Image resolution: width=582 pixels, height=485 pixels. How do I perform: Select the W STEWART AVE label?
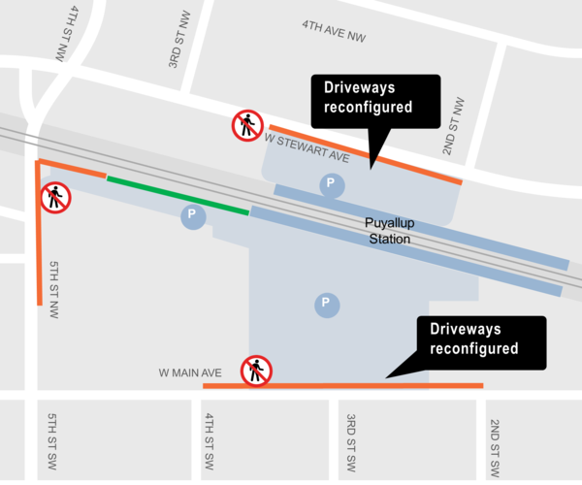click(306, 146)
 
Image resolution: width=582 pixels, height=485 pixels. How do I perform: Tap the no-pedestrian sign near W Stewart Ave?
click(247, 124)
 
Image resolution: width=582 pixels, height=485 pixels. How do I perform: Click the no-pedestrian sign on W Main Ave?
click(257, 371)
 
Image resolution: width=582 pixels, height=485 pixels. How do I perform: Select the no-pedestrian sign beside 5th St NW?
click(54, 198)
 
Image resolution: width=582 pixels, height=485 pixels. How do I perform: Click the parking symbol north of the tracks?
click(333, 184)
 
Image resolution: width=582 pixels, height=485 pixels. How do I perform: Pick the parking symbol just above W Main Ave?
click(327, 306)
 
